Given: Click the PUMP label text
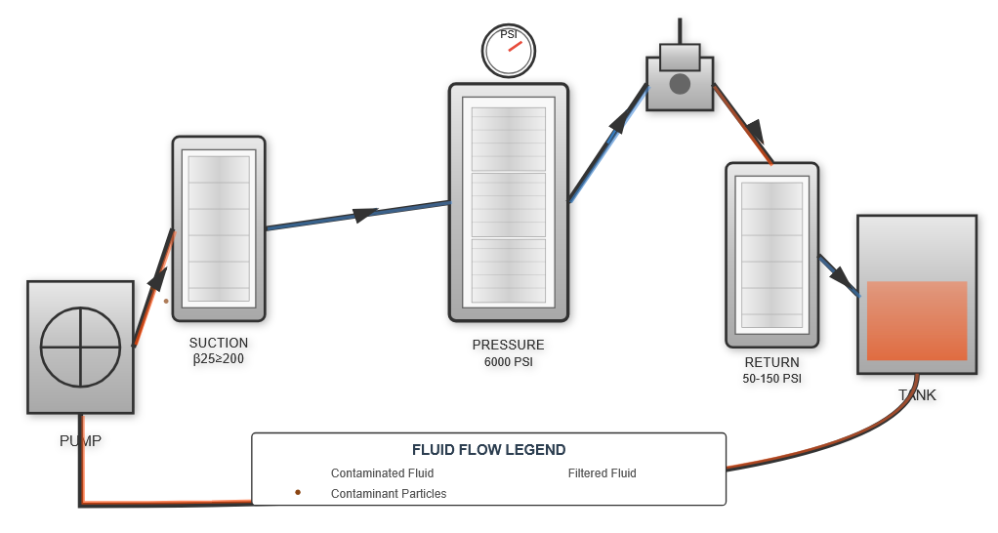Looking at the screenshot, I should (80, 440).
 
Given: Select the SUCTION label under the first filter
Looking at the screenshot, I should (219, 343).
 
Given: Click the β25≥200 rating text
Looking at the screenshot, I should (219, 359).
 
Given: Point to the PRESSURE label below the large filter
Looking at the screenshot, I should (508, 345).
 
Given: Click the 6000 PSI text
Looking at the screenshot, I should (508, 362).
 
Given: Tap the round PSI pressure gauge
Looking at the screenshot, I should (509, 51).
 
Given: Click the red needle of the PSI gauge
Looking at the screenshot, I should (515, 46).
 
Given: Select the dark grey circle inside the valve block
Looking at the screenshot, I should (680, 84).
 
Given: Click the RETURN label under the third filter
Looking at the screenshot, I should (771, 362).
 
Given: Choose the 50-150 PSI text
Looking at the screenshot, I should (771, 378).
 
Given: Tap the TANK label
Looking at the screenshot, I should (917, 395).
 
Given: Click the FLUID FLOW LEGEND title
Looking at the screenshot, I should (488, 450).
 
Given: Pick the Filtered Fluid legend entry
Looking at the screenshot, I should (602, 473).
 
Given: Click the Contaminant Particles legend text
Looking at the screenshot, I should (389, 494).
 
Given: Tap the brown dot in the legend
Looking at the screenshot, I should (298, 493).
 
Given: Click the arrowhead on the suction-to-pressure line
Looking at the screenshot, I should (364, 214).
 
